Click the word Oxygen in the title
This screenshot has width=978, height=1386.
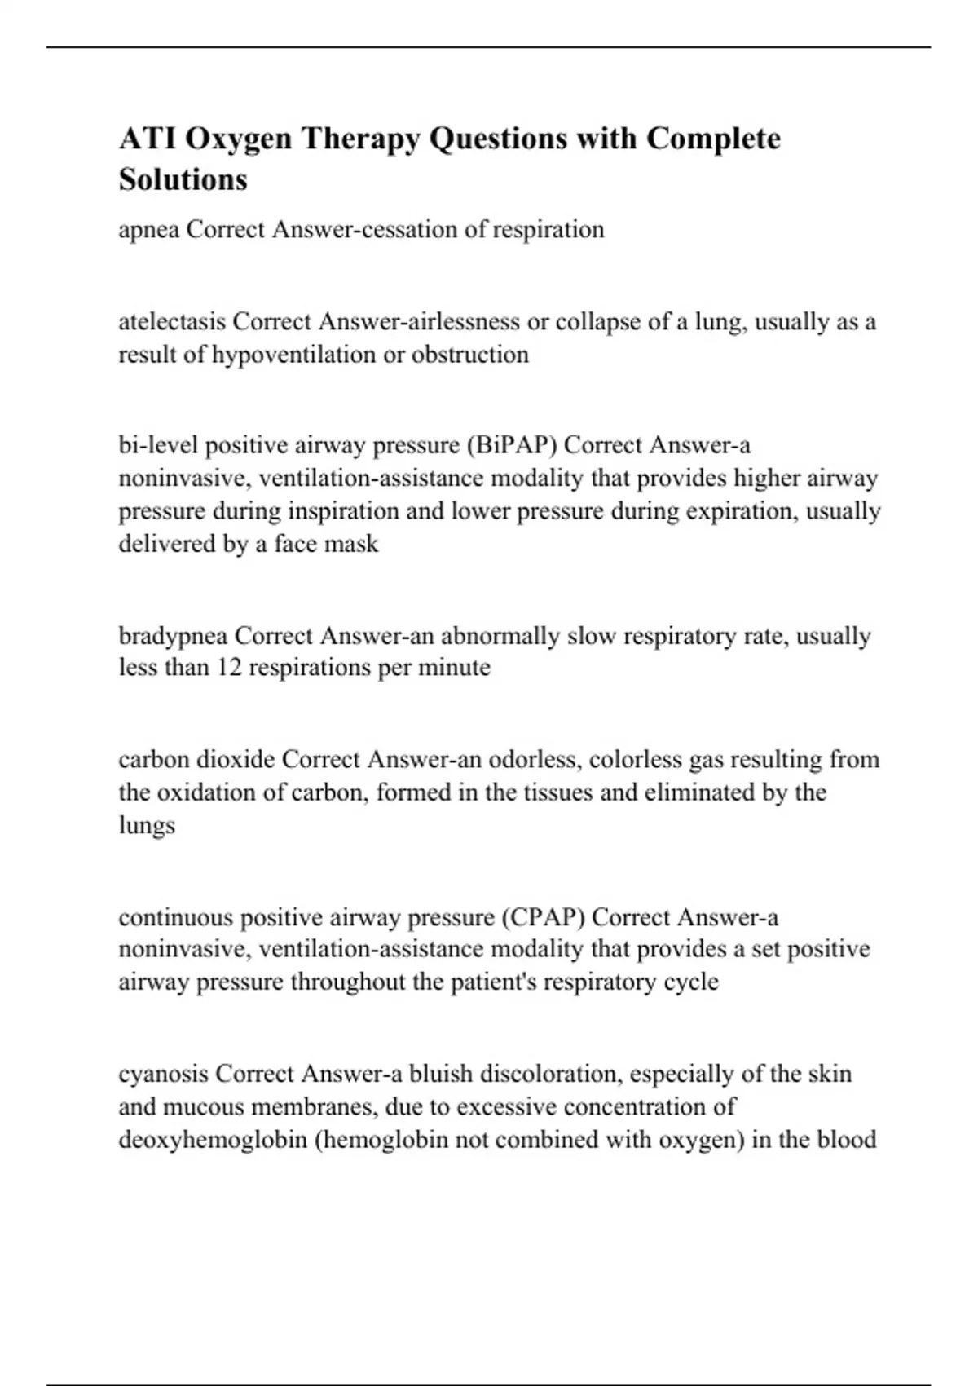[238, 139]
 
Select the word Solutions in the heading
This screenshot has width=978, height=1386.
[183, 179]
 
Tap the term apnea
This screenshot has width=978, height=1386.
[149, 231]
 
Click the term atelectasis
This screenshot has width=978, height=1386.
[172, 322]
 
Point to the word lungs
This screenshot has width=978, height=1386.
[147, 825]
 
